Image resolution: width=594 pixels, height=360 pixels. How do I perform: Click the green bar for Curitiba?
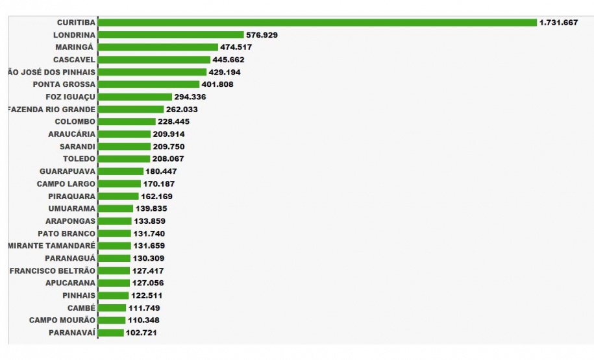tap(318, 23)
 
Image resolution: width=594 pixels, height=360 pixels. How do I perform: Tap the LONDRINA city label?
tap(75, 35)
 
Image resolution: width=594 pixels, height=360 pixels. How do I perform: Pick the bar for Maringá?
tap(158, 47)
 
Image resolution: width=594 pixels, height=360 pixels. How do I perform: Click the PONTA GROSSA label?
tap(64, 84)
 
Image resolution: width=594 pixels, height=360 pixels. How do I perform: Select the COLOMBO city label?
tap(75, 121)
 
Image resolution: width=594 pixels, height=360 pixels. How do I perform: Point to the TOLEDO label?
tap(79, 159)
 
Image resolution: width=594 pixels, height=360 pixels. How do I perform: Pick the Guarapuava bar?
tap(121, 171)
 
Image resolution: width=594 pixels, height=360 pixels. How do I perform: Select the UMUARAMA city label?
tap(72, 208)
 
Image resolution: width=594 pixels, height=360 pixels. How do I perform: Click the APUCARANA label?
tap(71, 283)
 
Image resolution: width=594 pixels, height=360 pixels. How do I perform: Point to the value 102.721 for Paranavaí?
tap(142, 333)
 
